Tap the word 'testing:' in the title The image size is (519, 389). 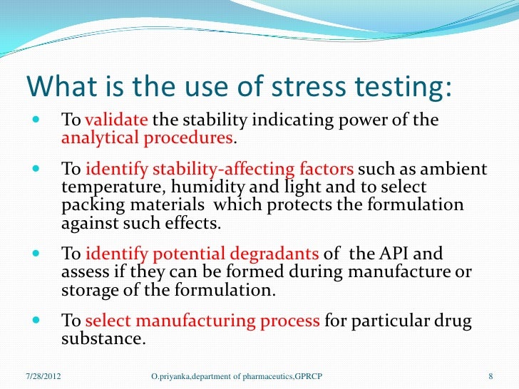[x=406, y=86]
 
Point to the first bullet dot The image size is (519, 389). [x=37, y=119]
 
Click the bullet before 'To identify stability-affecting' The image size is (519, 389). [x=37, y=170]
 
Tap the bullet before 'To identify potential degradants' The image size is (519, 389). [x=37, y=254]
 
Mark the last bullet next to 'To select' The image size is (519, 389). [x=37, y=321]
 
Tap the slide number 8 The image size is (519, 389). [x=491, y=375]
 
